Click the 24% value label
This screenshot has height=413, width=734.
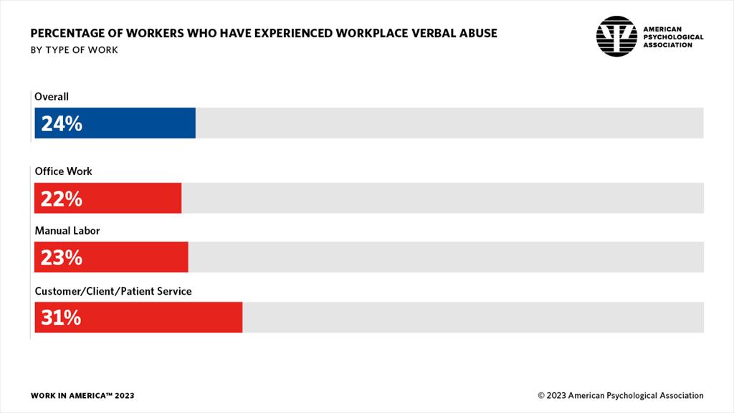click(61, 124)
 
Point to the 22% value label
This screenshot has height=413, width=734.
click(61, 199)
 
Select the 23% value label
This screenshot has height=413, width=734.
click(61, 257)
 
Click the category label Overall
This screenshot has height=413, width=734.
click(52, 96)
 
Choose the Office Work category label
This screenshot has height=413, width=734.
click(64, 171)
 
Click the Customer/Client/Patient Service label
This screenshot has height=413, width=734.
click(113, 291)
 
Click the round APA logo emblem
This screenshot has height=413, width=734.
click(616, 37)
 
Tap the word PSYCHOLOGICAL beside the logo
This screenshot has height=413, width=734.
click(673, 37)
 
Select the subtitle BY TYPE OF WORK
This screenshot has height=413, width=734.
click(74, 50)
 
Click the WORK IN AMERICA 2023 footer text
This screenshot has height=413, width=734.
click(82, 396)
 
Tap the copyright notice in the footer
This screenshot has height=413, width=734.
click(621, 396)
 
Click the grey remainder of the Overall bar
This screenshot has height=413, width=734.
click(449, 123)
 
